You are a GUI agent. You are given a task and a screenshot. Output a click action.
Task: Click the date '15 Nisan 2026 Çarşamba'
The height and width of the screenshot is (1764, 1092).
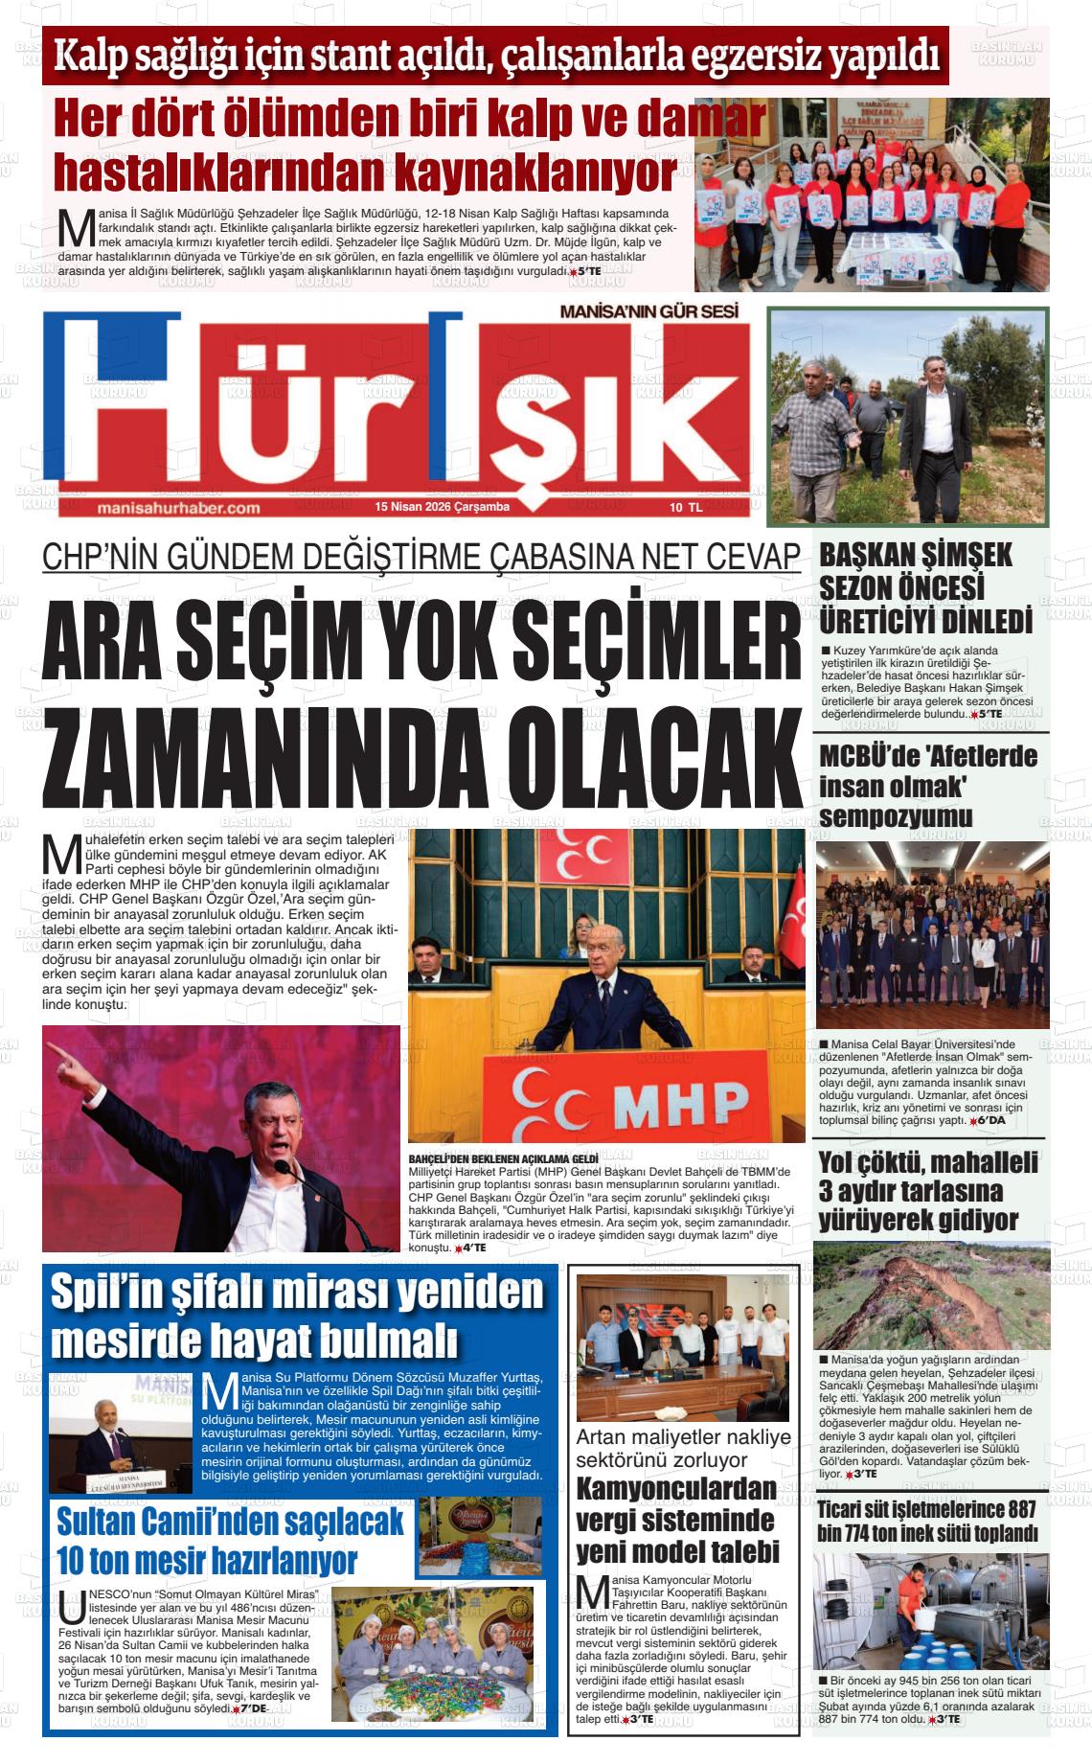coord(443,507)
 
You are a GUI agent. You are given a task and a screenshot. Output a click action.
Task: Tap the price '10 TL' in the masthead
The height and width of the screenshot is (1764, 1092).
coord(686,508)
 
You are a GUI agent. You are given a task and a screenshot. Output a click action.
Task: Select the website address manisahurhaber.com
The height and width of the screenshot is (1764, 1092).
coord(179,508)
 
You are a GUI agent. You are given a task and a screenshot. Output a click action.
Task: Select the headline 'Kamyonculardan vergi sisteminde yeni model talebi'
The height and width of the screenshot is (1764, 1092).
coord(677,1521)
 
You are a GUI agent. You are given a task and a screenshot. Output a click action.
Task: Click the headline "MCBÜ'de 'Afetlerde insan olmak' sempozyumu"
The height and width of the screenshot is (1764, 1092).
coord(928,787)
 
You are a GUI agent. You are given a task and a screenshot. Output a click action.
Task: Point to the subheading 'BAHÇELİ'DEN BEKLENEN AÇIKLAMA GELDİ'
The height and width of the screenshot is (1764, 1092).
coord(503,1158)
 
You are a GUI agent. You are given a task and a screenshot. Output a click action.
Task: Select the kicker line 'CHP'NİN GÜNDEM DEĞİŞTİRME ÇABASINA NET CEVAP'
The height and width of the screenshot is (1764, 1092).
coord(421,556)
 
